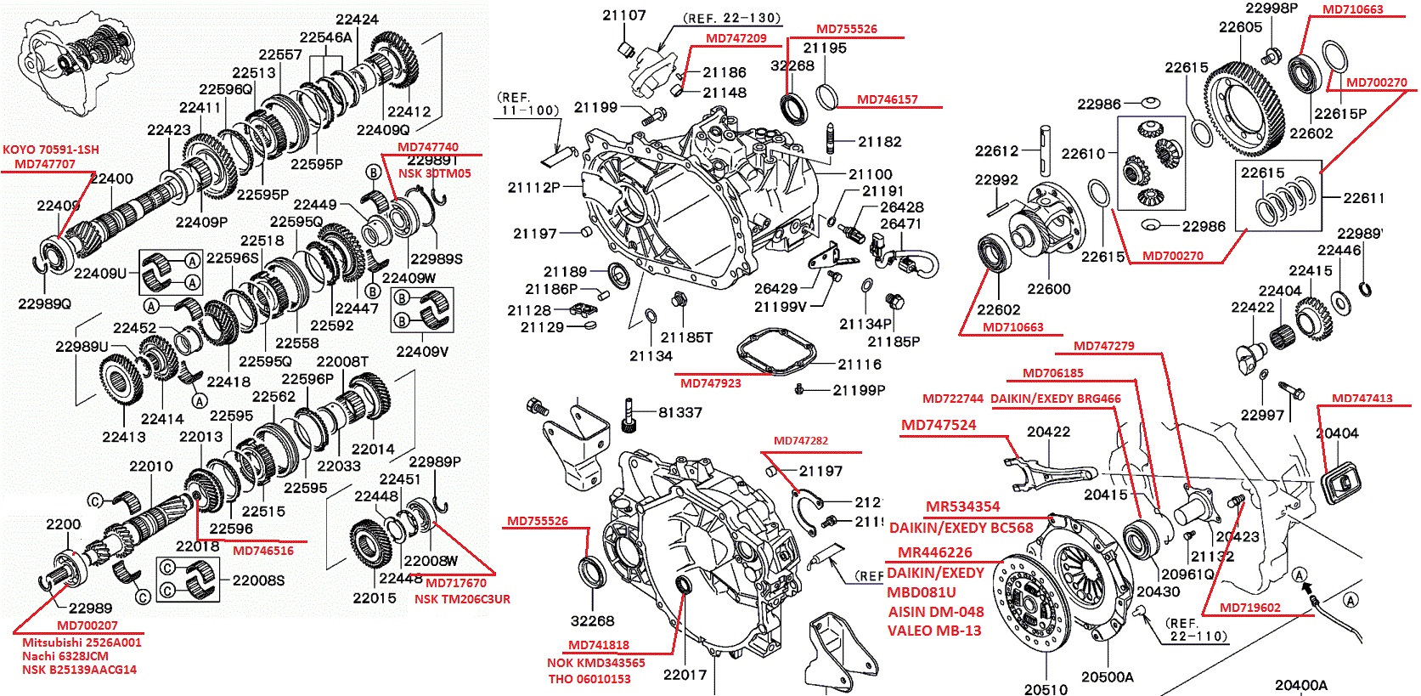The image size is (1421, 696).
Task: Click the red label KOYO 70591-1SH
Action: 51,150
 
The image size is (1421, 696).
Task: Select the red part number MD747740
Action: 427,147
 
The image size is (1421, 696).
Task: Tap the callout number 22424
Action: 357,20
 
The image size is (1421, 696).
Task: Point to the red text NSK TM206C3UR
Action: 462,599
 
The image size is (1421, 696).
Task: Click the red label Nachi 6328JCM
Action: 65,656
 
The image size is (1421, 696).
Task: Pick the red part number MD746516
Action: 262,551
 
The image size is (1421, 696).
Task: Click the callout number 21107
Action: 624,15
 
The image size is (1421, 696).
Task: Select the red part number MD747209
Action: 736,38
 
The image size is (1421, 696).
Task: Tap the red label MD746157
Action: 888,99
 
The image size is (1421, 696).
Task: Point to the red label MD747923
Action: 711,383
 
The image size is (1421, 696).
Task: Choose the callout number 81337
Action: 680,413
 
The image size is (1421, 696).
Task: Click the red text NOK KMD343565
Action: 595,663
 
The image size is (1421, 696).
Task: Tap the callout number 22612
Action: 996,151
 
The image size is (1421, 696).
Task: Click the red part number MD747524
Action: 939,425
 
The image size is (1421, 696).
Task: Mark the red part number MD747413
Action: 1362,398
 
